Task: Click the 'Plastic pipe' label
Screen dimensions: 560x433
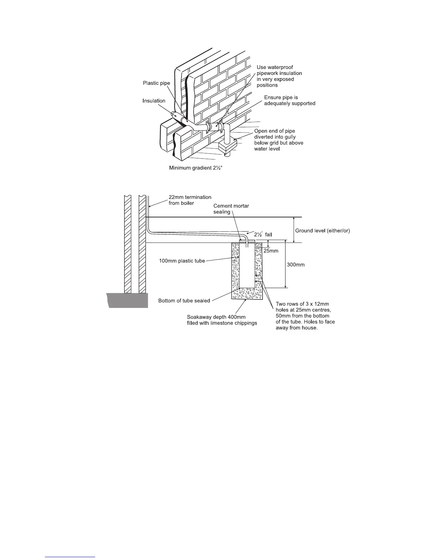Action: [156, 83]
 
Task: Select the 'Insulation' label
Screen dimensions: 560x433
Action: [154, 101]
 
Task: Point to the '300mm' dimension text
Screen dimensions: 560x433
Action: [295, 264]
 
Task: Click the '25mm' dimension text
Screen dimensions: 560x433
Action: [271, 251]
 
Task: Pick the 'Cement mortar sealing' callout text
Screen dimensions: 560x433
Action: [231, 209]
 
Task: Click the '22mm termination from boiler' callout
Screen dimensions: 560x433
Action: [190, 200]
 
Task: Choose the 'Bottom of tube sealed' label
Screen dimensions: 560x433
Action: [184, 301]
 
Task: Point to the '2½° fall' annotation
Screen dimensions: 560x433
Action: [263, 234]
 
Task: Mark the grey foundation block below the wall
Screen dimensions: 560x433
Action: [127, 300]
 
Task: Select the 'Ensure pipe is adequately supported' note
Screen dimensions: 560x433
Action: [289, 100]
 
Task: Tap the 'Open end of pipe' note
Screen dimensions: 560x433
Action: [275, 131]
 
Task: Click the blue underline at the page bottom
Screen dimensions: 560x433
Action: [70, 557]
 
